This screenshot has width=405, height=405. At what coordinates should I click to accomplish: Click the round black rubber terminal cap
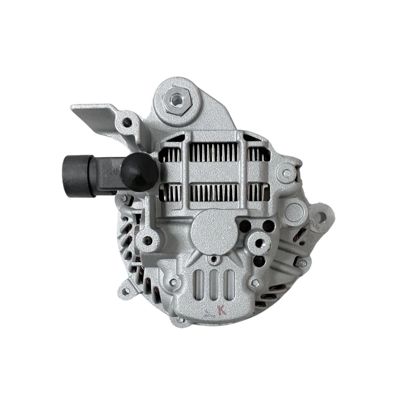(x=139, y=172)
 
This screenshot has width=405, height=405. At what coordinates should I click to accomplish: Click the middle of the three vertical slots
(x=214, y=285)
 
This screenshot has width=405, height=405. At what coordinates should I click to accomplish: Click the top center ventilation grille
(x=213, y=153)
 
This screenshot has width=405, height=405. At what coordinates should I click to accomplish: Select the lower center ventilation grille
(x=213, y=192)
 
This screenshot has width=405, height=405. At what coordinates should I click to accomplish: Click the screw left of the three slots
(x=173, y=282)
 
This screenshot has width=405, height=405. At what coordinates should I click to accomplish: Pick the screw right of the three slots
(x=255, y=282)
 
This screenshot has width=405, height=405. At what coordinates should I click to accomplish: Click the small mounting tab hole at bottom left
(x=126, y=291)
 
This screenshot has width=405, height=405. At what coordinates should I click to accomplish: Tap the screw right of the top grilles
(x=286, y=173)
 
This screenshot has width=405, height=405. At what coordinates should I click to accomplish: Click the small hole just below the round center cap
(x=214, y=259)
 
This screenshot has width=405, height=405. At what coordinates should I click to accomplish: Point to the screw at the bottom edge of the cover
(x=180, y=320)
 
